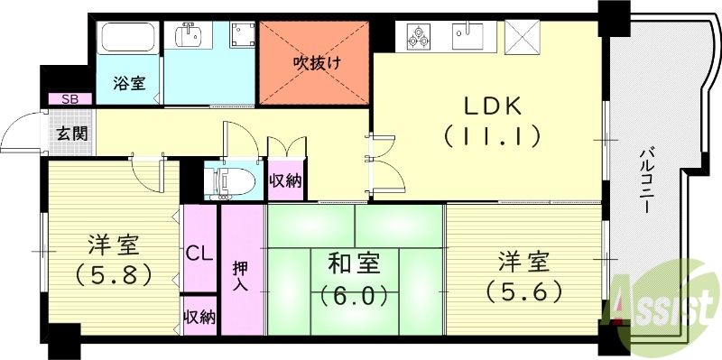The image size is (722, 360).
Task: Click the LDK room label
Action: pos(493,106)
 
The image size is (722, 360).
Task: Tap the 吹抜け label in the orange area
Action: pos(315,62)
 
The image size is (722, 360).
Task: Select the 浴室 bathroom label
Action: pos(130,82)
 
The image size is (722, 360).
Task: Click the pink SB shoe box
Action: pos(68,99)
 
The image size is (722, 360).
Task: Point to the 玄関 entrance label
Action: pos(71,134)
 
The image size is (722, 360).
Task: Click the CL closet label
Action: pos(199,252)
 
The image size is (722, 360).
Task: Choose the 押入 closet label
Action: pos(242,276)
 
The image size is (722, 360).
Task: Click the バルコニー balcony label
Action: pos(647,180)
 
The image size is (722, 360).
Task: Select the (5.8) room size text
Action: pos(114,272)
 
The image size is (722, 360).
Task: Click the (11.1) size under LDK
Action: pos(492,137)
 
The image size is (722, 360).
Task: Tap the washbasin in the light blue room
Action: pos(190,35)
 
